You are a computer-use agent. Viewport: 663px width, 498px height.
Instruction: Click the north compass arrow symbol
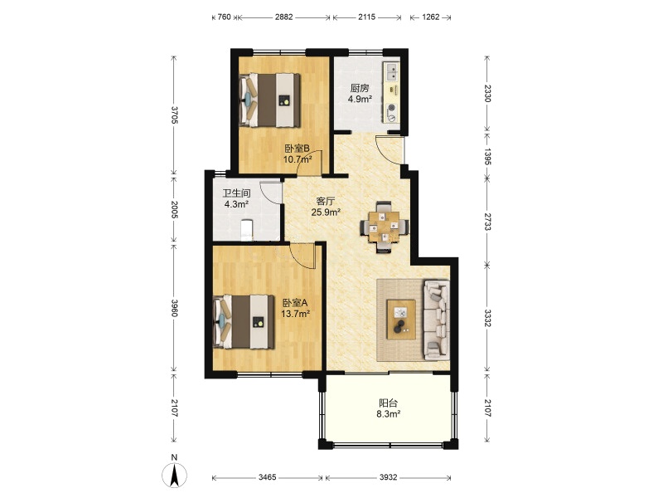click(174, 474)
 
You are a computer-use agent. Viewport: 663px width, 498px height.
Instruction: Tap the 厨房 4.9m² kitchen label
click(360, 94)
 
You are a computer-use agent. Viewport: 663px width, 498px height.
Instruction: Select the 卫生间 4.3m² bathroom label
click(236, 198)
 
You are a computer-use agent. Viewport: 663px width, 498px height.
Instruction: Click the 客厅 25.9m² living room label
click(326, 207)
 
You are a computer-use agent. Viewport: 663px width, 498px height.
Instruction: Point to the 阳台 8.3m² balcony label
click(388, 408)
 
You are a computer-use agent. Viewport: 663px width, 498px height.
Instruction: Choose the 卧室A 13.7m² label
click(296, 308)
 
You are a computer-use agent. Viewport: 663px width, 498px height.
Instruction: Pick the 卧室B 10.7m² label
click(298, 154)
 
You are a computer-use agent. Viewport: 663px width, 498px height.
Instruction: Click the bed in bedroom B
click(270, 100)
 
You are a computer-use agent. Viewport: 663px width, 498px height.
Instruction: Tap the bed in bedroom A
click(244, 322)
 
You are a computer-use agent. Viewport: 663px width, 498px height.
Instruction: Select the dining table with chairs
click(385, 227)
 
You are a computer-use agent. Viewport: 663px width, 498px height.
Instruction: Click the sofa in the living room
click(437, 320)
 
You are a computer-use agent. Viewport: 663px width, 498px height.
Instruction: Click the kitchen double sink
click(391, 71)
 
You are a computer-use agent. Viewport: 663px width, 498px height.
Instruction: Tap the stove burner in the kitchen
click(392, 108)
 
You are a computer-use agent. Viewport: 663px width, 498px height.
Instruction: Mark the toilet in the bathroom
click(246, 231)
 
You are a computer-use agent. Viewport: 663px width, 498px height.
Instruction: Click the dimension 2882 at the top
click(283, 17)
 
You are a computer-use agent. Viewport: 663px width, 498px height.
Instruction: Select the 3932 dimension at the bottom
click(388, 477)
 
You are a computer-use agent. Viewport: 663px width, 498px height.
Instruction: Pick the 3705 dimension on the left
click(174, 115)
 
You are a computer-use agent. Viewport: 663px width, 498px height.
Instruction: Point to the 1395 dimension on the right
click(487, 156)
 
